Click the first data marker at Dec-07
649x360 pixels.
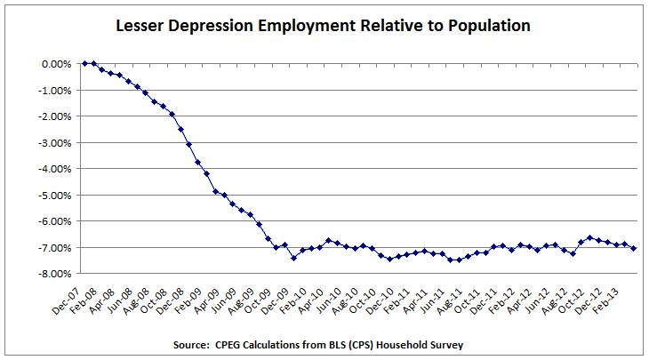point(84,63)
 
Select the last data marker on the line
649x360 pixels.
point(633,248)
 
